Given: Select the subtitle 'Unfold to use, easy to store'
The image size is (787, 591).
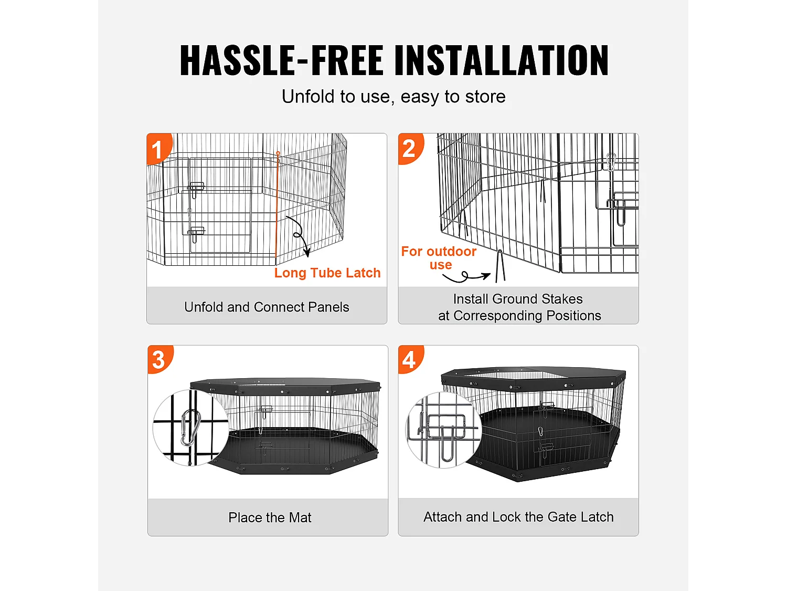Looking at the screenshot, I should [393, 97].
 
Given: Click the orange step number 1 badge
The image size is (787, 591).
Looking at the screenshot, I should [157, 149].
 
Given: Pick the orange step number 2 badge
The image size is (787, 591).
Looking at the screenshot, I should [409, 149].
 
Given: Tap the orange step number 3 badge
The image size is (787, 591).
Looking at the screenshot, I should [158, 360].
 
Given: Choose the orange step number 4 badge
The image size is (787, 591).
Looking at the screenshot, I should [409, 360].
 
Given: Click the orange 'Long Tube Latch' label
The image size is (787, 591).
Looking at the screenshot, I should [327, 273].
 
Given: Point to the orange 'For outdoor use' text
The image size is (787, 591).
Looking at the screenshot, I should [439, 258].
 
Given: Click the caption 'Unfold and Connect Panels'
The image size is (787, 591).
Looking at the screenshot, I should [267, 307].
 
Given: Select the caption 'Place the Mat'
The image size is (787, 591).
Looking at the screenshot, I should [270, 517].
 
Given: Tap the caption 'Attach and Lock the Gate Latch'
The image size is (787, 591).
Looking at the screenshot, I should [518, 517].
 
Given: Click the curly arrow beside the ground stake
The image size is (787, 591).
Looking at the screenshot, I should [466, 276].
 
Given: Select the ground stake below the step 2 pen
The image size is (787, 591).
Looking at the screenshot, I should [500, 266].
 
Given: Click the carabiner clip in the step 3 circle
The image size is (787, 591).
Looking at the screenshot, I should [190, 427].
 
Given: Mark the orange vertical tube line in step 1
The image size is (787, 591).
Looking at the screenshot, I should [276, 210].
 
